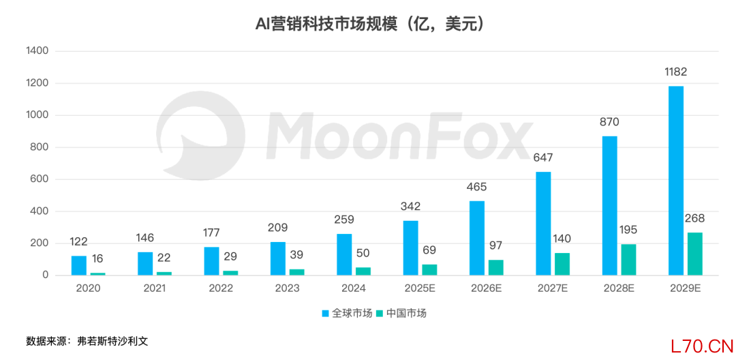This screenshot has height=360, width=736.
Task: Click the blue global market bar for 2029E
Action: [676, 181]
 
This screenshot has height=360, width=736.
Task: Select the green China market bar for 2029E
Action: [694, 254]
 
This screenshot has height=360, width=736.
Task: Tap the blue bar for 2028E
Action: [609, 205]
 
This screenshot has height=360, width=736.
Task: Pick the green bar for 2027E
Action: [562, 264]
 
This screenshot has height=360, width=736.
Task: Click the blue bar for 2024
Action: [344, 254]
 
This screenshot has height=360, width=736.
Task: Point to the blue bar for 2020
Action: [79, 265]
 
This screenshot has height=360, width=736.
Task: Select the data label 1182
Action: [675, 72]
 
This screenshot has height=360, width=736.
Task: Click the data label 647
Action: [543, 157]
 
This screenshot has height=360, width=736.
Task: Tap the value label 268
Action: [694, 218]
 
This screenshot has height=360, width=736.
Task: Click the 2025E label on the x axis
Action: [419, 288]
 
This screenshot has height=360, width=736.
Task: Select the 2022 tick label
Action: [220, 288]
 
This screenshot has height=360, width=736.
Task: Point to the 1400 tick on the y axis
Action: [36, 51]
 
